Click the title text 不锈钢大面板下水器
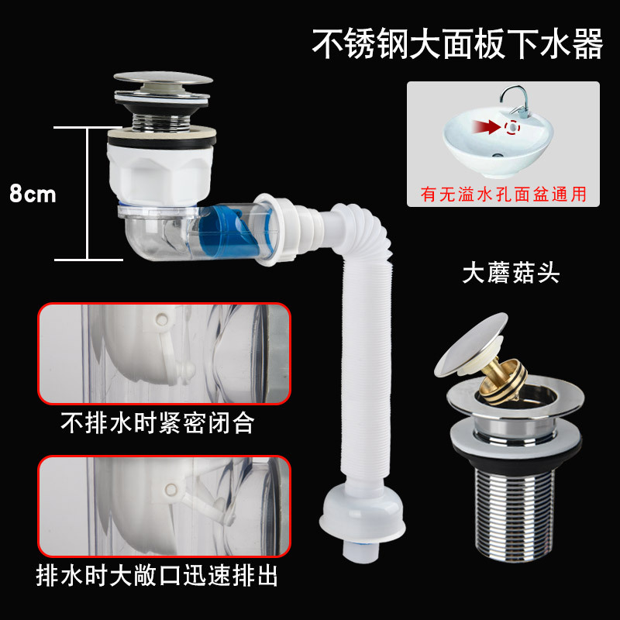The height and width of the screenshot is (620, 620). [x=456, y=44]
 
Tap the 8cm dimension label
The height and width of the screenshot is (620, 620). [x=33, y=193]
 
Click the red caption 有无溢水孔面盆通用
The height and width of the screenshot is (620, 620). [x=504, y=194]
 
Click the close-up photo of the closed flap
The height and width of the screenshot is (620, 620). [x=164, y=353]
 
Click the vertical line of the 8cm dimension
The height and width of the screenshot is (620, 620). [x=87, y=193]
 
